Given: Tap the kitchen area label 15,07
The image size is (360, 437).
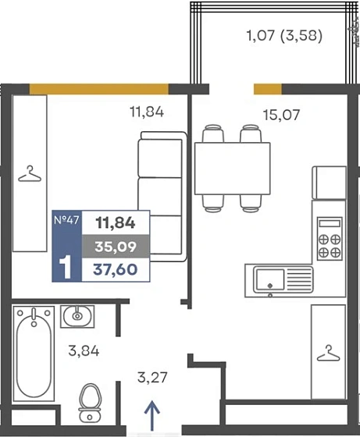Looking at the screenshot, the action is [x=281, y=115].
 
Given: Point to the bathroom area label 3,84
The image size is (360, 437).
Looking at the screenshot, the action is [x=84, y=351].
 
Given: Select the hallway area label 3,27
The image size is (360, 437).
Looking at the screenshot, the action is [x=152, y=378].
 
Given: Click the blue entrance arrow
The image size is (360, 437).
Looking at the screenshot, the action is [x=152, y=416].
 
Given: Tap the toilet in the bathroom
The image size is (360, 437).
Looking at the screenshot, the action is [x=90, y=403].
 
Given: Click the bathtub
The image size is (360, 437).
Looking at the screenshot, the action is [x=34, y=354].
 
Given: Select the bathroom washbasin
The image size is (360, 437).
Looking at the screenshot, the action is [x=77, y=316].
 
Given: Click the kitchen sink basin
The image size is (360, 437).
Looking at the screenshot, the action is [x=270, y=279].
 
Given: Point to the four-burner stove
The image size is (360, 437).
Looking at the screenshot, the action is [x=330, y=239].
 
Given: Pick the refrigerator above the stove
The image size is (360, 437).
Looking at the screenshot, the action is [x=330, y=183].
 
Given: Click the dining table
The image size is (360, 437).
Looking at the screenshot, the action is [x=232, y=169].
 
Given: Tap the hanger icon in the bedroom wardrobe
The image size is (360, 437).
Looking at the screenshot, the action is [x=30, y=174].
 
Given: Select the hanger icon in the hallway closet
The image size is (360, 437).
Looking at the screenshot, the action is [x=329, y=353].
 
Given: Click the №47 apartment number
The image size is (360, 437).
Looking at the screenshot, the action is [x=66, y=220].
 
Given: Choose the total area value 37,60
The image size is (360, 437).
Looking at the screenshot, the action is [x=116, y=269].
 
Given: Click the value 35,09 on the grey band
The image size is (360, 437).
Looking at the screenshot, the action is [x=116, y=247].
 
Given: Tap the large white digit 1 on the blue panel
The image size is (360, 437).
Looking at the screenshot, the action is [x=66, y=267].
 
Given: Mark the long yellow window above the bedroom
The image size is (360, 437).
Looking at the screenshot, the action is [x=99, y=89].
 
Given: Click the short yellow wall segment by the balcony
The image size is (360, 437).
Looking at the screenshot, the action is [x=267, y=89].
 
